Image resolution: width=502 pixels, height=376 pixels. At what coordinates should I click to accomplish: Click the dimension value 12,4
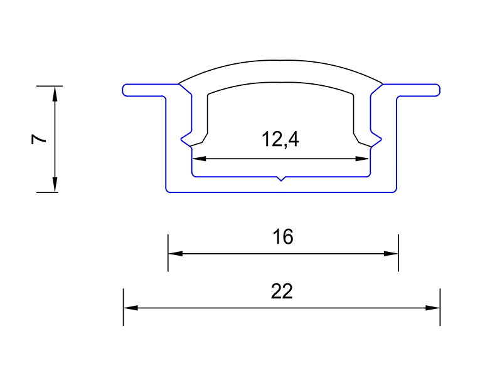point(280,139)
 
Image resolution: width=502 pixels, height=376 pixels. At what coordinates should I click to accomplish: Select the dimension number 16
point(283,237)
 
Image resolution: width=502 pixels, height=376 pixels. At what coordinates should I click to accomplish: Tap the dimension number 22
point(282,291)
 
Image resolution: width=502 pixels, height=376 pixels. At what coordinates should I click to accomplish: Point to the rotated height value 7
point(39,139)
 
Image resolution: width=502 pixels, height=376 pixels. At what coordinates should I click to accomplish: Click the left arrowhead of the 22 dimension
point(131,308)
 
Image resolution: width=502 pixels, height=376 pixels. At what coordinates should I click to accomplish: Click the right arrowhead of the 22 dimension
point(432,308)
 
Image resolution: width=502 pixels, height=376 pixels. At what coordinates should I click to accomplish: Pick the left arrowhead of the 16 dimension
point(176,254)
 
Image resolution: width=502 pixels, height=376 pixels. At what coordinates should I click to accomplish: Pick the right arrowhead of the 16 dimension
point(391,254)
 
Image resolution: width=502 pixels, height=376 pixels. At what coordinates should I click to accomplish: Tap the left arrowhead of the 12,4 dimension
point(199,159)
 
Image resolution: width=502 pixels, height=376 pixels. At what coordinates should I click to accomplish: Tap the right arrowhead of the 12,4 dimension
point(362,159)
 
